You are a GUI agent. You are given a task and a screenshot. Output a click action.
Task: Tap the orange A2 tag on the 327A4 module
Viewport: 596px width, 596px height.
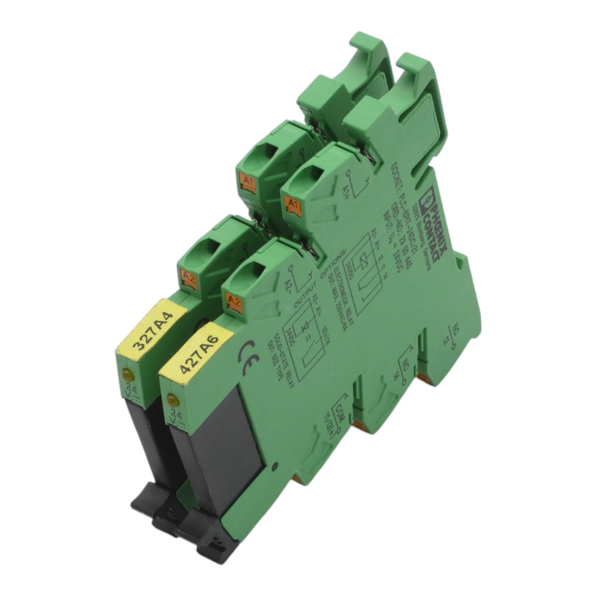[x=189, y=278]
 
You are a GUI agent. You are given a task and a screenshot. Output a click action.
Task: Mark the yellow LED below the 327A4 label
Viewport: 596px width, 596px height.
[x=127, y=374]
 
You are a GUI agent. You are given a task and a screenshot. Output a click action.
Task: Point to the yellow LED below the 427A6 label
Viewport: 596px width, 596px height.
[x=172, y=400]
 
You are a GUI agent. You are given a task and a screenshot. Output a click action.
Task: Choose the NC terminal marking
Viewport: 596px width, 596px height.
[x=455, y=330]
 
